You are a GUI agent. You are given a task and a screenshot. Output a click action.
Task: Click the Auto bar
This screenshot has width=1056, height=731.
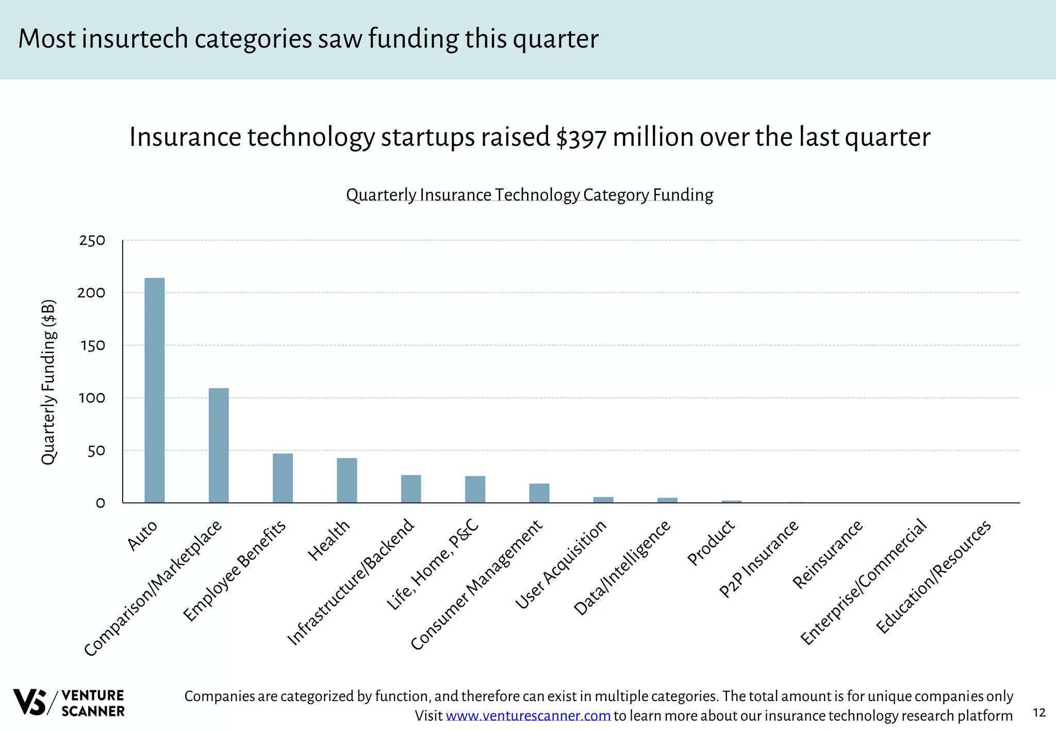[x=154, y=390]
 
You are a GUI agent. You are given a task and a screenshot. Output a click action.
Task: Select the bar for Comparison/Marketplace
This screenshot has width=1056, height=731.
[x=218, y=445]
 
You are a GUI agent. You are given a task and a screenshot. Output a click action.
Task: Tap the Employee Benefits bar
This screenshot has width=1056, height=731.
[x=283, y=478]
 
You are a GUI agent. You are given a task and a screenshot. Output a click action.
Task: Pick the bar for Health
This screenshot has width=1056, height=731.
[x=346, y=480]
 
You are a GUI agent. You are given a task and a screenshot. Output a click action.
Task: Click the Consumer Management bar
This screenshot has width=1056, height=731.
[x=539, y=493]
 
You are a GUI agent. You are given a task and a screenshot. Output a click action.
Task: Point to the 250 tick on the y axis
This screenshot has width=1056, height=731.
[x=92, y=241]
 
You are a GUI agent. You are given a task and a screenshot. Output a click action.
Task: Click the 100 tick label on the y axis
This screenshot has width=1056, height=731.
[x=92, y=398]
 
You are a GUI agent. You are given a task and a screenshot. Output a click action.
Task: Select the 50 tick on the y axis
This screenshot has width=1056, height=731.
[x=96, y=451]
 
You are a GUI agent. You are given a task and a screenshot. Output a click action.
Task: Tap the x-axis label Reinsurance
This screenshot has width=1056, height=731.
[x=827, y=555]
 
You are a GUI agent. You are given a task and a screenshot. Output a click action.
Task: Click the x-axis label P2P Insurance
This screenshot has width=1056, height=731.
[x=758, y=559]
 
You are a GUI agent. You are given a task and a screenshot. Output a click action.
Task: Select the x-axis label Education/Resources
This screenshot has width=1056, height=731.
[x=933, y=577]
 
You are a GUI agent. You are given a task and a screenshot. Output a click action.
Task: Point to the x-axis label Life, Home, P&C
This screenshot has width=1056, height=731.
[x=433, y=565]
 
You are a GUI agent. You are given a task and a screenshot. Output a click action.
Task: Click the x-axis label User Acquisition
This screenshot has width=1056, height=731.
[x=560, y=564]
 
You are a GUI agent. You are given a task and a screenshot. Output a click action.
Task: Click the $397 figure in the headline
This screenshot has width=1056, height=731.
[x=581, y=138]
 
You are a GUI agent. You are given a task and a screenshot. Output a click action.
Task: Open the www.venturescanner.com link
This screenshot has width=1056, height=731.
[x=528, y=716]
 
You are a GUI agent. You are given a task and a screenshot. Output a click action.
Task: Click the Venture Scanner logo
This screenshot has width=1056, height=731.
[x=69, y=703]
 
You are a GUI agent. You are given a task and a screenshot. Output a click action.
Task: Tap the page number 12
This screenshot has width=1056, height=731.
[x=1039, y=712]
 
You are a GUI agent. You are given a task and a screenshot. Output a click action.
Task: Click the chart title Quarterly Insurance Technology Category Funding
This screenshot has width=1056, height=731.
[x=530, y=195]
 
